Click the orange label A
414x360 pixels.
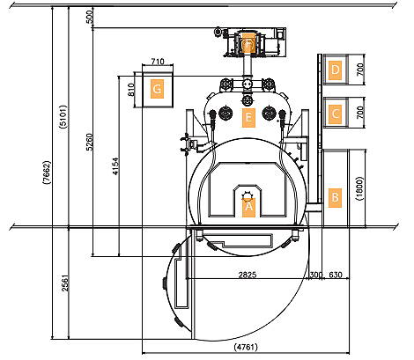[248, 207]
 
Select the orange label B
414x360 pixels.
[335, 198]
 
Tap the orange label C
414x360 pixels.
[335, 114]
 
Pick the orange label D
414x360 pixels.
[335, 70]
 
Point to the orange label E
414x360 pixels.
[248, 118]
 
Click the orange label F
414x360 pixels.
[248, 43]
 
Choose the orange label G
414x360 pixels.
[157, 89]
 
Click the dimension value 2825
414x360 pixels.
[248, 275]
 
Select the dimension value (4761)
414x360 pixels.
[246, 347]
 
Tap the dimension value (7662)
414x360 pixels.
[47, 173]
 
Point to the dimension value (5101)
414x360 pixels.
[63, 117]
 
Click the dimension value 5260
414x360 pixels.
[90, 142]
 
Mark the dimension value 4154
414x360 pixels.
[115, 166]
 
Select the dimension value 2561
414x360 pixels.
[65, 283]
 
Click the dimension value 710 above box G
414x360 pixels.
[158, 62]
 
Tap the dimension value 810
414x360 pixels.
[131, 90]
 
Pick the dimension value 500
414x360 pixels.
[90, 17]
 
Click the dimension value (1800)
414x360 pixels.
[359, 188]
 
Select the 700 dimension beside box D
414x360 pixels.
[360, 70]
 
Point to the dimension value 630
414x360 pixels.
[336, 275]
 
